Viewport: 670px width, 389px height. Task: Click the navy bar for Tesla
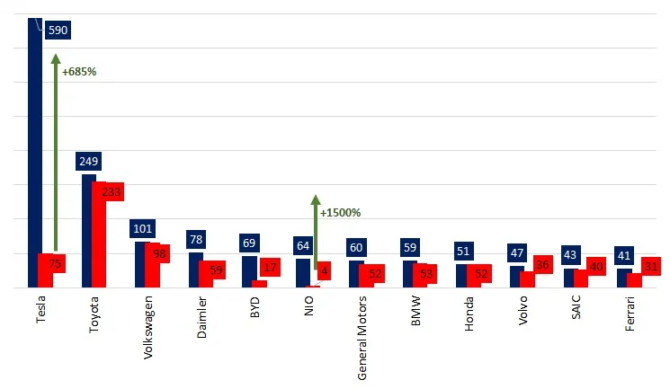click(x=35, y=153)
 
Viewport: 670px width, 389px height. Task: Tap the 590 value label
click(x=58, y=30)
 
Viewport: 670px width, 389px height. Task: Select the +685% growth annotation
click(x=79, y=72)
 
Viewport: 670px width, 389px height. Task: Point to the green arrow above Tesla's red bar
click(x=56, y=153)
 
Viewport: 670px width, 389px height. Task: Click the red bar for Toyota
click(x=99, y=234)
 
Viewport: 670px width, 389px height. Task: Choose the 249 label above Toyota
click(x=88, y=161)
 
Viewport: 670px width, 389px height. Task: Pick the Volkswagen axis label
click(x=147, y=328)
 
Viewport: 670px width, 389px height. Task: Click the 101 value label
click(x=142, y=228)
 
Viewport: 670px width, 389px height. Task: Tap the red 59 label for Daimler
click(x=216, y=270)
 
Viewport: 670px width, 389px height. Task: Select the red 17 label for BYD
click(x=270, y=268)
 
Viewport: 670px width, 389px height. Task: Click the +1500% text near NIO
click(x=341, y=213)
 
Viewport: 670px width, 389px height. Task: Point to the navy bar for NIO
click(x=303, y=273)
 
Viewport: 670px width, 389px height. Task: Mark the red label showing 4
click(x=324, y=270)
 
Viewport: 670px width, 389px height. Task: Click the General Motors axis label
click(x=362, y=338)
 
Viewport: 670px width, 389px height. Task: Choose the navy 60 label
click(x=356, y=248)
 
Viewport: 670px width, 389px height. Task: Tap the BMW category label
click(x=415, y=311)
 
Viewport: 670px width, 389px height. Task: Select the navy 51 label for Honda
click(x=464, y=251)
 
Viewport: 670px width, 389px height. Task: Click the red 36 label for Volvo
click(x=542, y=265)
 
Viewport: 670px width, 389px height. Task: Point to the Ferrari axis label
click(x=630, y=314)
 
